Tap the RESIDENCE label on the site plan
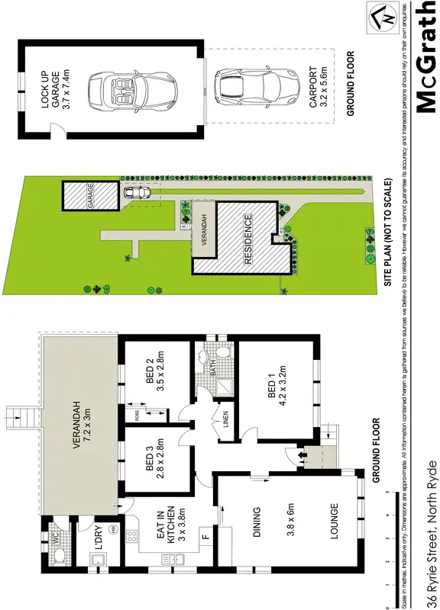point(247,239)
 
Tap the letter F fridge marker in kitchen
point(204,538)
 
